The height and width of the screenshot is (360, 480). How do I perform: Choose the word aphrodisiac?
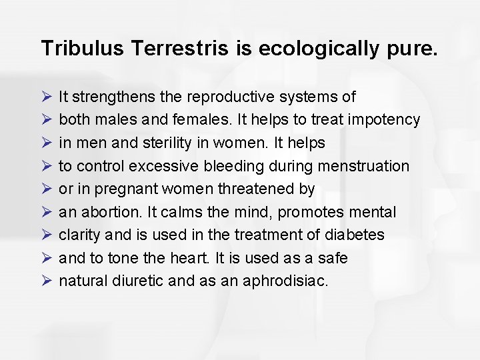click(x=287, y=281)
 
